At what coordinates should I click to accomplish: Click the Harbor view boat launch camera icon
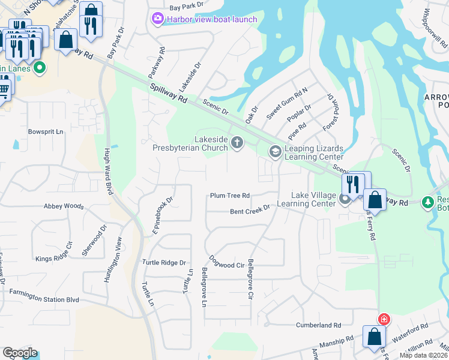pos(157,19)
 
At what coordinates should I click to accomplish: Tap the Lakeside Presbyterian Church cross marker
pos(238,142)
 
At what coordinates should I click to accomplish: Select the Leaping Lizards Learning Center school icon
pos(276,152)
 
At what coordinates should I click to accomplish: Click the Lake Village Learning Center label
pos(313,199)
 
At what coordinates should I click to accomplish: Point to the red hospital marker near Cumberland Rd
pos(383,319)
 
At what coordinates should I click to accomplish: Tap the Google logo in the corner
pos(20,353)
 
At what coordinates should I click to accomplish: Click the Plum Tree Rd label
pos(229,196)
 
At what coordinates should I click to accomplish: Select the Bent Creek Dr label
pos(250,211)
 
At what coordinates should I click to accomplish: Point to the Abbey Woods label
pos(64,206)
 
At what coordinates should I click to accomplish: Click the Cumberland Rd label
pos(318,325)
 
